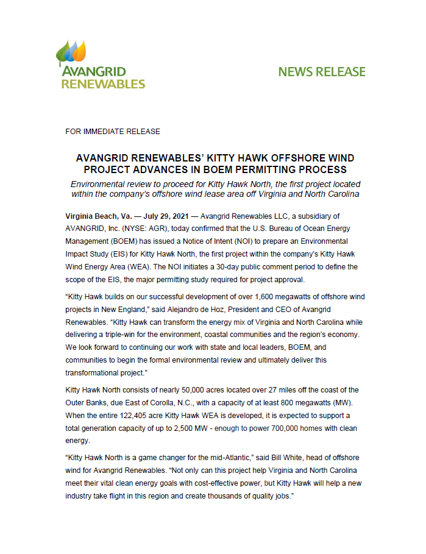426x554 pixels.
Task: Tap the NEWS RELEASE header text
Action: [x=321, y=72]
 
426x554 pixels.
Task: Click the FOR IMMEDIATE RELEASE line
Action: [x=113, y=132]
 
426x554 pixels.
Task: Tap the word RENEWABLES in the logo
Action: [x=103, y=83]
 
